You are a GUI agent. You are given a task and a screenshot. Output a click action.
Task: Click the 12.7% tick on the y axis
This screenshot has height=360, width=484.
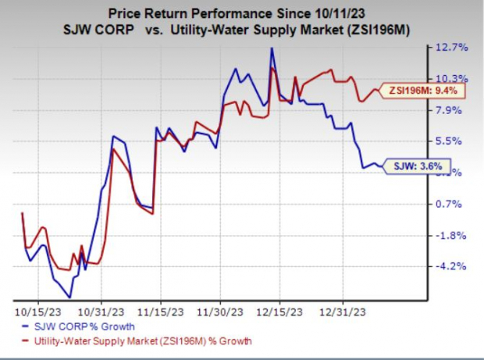click(x=452, y=48)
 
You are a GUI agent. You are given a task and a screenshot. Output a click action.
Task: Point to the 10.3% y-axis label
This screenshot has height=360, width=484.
click(x=452, y=79)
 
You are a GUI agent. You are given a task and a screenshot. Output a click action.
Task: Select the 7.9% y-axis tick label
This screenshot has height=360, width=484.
click(x=452, y=110)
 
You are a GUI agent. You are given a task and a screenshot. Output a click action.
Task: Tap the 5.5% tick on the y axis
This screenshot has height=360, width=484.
click(x=452, y=141)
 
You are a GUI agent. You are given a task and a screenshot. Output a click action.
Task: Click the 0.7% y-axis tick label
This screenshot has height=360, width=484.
click(x=452, y=204)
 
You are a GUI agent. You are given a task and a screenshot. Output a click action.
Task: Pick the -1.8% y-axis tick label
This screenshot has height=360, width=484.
click(x=452, y=235)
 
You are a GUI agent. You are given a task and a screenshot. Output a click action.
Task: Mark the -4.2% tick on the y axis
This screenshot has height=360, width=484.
click(x=452, y=266)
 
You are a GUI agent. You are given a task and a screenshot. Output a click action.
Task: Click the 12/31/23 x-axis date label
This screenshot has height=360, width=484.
click(x=341, y=309)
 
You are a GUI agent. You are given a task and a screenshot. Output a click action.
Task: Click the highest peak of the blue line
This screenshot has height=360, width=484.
click(x=272, y=48)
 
